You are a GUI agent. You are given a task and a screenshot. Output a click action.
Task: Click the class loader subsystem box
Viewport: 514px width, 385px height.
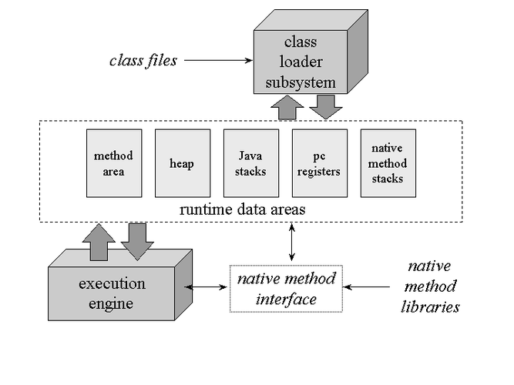pos(300,62)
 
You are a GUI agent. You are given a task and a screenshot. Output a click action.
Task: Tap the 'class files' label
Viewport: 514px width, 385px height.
pos(143,60)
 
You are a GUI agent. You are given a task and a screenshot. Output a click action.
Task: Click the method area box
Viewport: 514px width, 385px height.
pos(108,163)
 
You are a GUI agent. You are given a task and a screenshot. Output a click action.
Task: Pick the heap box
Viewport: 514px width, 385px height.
pos(182,163)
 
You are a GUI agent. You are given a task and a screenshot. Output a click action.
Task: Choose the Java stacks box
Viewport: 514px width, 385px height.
pos(250,163)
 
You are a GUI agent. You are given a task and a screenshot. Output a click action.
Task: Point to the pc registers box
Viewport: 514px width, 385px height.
pos(319,163)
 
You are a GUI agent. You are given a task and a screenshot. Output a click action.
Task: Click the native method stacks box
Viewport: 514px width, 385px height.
pos(388,163)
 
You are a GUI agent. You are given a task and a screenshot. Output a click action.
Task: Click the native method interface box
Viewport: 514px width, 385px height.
pos(286,288)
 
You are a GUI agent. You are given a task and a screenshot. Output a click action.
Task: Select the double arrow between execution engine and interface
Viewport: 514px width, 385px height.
pos(208,287)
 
